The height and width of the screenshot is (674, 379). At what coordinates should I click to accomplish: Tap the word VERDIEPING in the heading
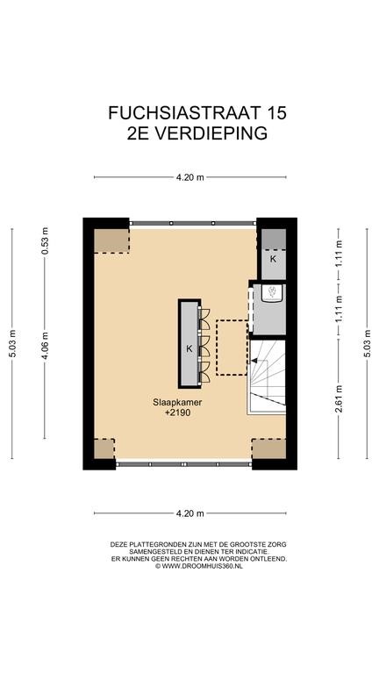coord(211,133)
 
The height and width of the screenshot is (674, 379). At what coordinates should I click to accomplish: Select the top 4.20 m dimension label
coord(189,177)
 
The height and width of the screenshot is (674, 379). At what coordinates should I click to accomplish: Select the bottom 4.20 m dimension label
coord(189,513)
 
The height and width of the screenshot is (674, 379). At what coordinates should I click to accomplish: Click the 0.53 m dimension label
coord(45,240)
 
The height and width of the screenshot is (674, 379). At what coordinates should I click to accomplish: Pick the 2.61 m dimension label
coord(339,399)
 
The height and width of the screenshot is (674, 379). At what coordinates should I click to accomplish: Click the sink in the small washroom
coord(272,292)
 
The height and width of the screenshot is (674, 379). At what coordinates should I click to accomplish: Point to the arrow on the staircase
coord(254,361)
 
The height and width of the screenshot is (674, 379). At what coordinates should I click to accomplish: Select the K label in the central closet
coord(189,349)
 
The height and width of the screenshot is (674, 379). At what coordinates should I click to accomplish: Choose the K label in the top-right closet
coord(273,259)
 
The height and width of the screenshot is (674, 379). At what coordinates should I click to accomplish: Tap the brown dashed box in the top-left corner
coord(111,240)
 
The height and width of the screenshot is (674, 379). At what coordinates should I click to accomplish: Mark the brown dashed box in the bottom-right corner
coord(268,448)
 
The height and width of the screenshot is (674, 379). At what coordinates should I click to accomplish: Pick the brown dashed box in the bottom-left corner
coord(104,448)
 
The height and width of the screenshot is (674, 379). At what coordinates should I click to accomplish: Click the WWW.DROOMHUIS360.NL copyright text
coord(199,566)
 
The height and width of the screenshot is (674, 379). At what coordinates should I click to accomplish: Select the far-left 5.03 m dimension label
coord(12,343)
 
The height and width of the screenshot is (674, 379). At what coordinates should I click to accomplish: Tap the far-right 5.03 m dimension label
coord(368,343)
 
